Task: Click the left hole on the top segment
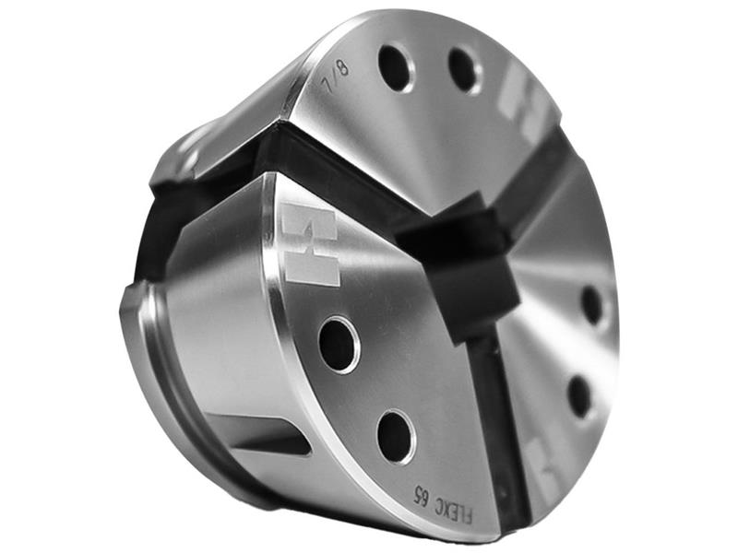click(x=397, y=67)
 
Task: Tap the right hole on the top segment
click(x=464, y=70)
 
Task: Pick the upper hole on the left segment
click(x=339, y=344)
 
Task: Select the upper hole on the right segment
click(x=592, y=305)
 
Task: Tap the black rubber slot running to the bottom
click(x=499, y=424)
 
